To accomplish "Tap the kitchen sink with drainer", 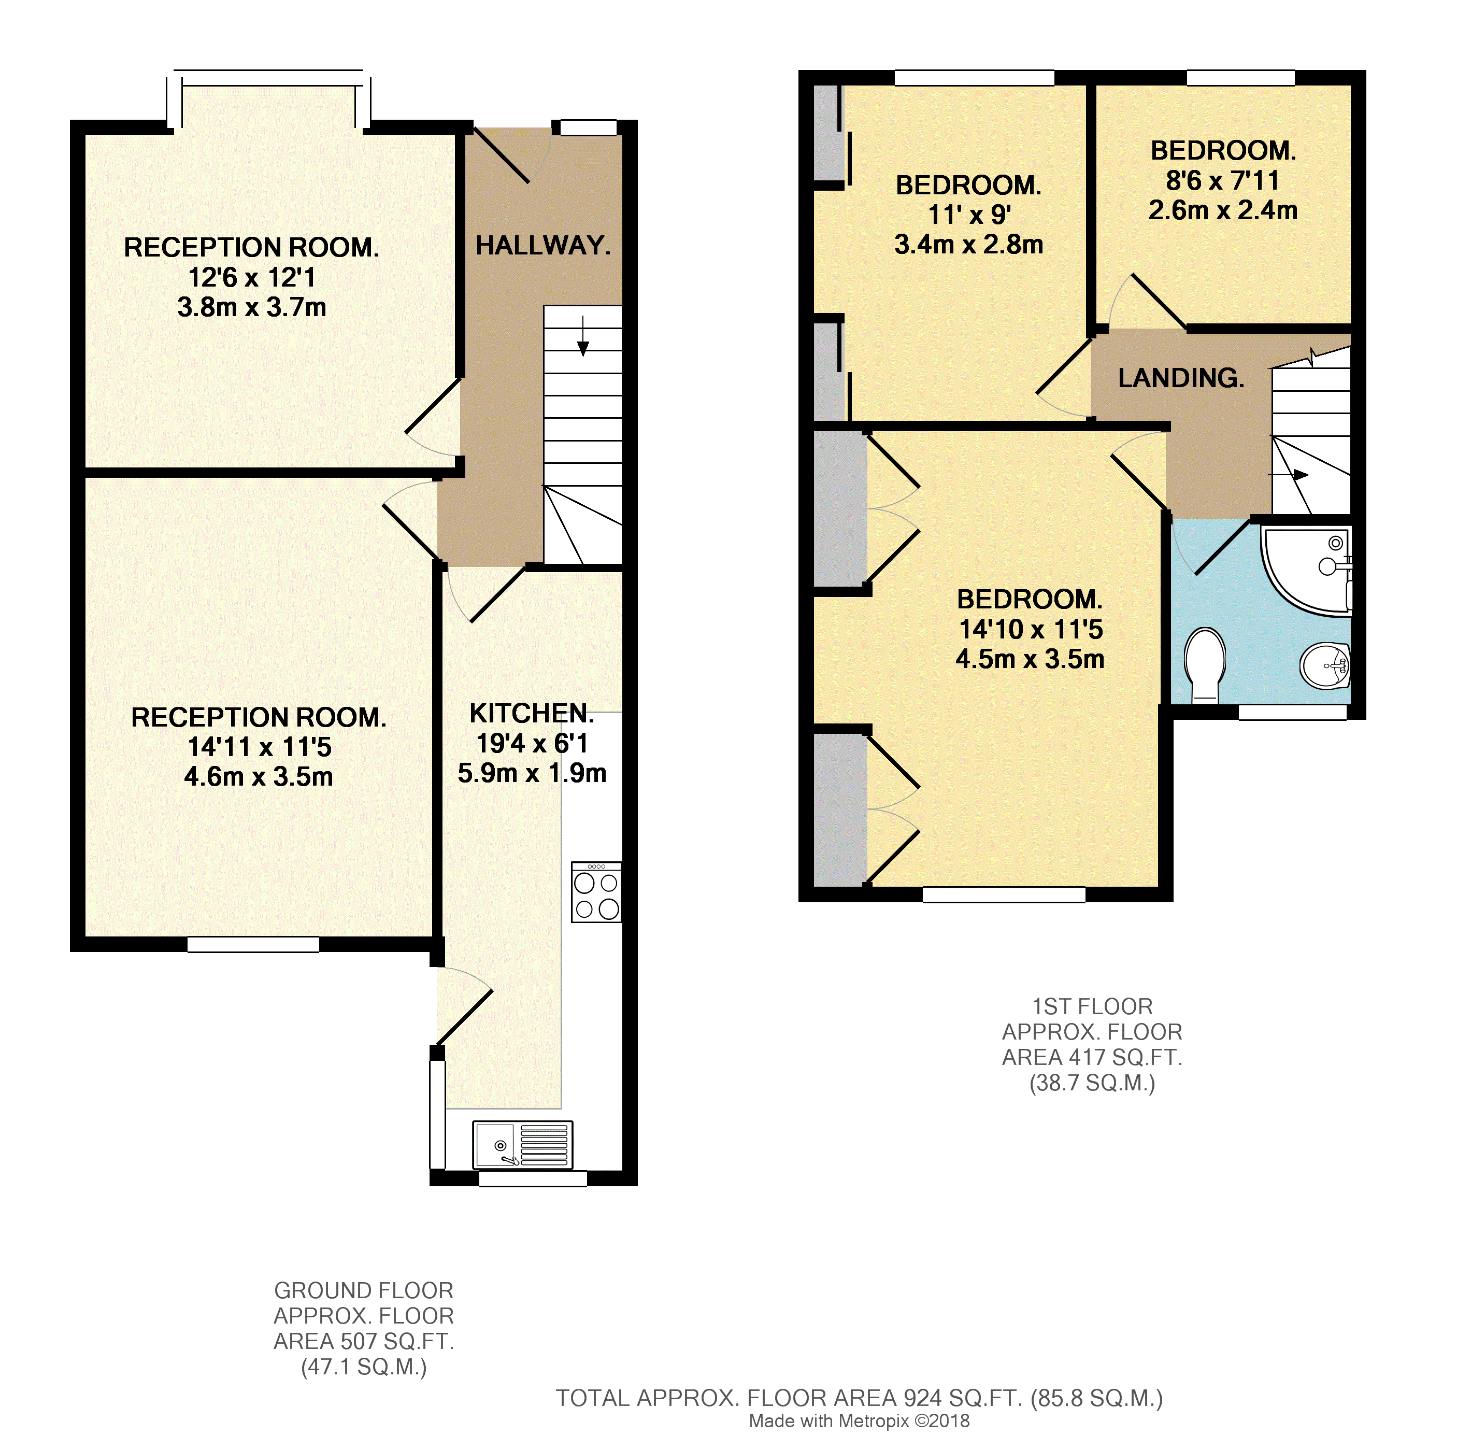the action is (522, 1144).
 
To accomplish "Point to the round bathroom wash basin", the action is (1324, 665).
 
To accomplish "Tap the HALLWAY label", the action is (543, 245).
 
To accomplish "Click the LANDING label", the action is (1180, 378).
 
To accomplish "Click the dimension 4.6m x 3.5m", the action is (259, 776).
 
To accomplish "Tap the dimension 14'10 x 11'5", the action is (1030, 629).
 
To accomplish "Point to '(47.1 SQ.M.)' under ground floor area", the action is (364, 1367).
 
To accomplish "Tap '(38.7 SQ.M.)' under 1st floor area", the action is (1092, 1083).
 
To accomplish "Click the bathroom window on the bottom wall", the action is (1293, 712).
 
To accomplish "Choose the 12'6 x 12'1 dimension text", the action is (252, 277).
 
